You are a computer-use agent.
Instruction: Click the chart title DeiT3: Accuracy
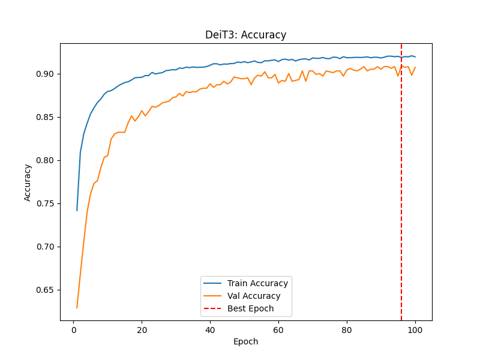pos(246,35)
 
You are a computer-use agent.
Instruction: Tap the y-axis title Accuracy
pos(28,182)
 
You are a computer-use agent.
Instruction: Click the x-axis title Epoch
pos(246,341)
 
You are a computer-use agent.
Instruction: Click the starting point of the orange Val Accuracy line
pos(77,308)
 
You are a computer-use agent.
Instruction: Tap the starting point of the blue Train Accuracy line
pos(77,211)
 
